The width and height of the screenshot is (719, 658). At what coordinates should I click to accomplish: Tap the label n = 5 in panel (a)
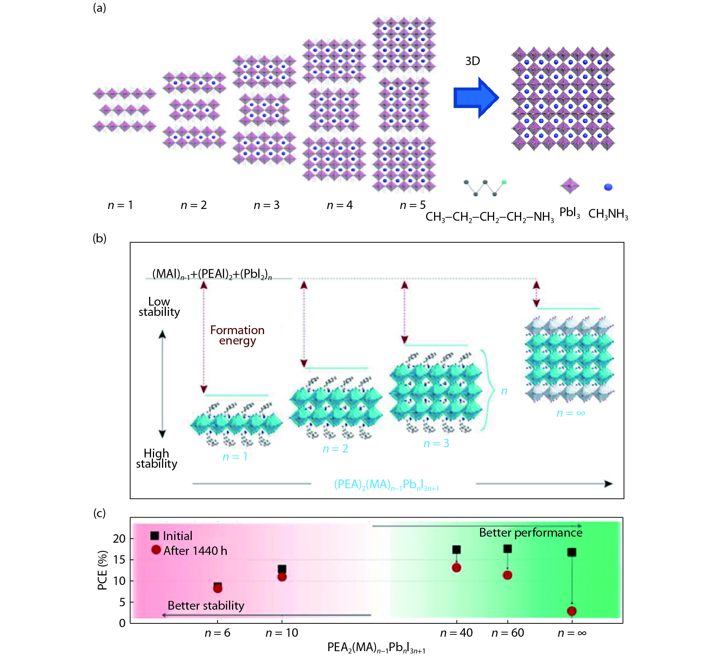412,205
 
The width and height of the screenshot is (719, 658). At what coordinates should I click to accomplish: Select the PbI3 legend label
569,213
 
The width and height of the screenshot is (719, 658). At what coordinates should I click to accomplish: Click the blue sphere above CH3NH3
608,187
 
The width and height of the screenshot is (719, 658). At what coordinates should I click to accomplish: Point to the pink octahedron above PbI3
569,186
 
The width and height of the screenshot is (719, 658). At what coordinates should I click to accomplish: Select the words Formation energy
237,335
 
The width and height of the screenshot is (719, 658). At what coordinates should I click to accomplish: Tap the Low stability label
159,307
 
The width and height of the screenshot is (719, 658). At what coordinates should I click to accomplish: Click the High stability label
156,459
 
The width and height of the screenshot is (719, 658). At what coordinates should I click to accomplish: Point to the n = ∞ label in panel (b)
571,413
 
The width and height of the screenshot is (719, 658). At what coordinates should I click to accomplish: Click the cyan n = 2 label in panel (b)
335,449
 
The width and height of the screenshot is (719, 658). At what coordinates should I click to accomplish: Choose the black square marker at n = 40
457,550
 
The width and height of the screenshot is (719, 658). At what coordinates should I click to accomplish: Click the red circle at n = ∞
571,611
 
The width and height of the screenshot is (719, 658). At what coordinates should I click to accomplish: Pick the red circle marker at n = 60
507,575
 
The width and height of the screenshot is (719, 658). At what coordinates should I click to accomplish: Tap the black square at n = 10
282,569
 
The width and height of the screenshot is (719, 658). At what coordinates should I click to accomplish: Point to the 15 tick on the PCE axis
119,560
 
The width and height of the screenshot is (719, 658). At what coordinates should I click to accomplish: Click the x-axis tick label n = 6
217,633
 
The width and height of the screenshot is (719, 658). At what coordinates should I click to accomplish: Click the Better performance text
530,532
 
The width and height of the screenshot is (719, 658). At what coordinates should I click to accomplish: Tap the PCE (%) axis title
102,570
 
